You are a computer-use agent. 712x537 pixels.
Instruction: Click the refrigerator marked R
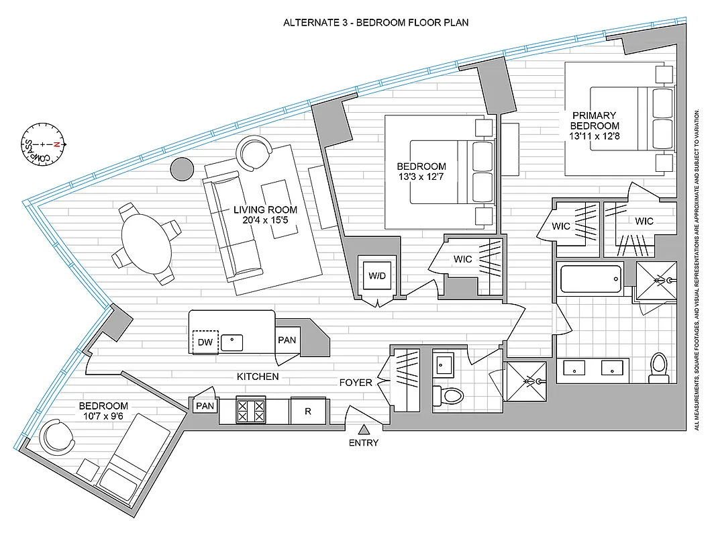tap(308, 411)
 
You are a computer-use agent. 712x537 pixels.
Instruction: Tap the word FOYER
tap(356, 383)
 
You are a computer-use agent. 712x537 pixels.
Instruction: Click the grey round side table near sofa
tap(182, 169)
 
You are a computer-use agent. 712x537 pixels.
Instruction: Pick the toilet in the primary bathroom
tap(658, 369)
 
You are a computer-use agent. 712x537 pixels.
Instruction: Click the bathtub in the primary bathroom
tap(590, 277)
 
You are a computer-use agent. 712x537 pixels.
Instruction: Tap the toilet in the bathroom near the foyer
tap(449, 395)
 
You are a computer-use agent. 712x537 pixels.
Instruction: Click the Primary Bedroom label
tap(595, 120)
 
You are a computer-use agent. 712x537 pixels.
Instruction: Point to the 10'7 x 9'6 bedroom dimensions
tap(103, 418)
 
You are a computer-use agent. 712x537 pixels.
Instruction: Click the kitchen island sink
tap(233, 341)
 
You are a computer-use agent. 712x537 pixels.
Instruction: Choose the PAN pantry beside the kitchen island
tap(287, 340)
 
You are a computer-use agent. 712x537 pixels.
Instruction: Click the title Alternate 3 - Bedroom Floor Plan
tap(376, 22)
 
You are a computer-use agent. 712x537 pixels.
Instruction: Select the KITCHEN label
tap(258, 377)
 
